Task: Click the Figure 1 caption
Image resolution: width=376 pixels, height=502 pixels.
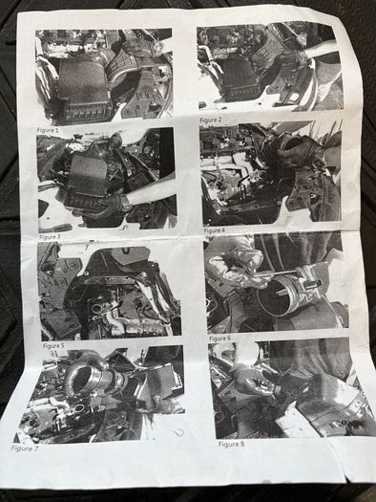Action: tap(48, 130)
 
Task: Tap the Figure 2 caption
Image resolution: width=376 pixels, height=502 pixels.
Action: tap(211, 120)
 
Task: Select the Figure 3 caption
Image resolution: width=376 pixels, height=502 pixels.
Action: tap(50, 237)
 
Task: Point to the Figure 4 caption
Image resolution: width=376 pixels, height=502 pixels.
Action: tap(215, 230)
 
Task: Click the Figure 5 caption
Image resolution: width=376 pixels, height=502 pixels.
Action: tap(53, 346)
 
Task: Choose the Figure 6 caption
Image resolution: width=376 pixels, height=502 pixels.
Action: tap(220, 338)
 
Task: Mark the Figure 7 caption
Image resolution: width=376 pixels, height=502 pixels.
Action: tap(24, 448)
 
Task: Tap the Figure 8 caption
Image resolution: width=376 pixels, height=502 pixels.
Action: tap(231, 444)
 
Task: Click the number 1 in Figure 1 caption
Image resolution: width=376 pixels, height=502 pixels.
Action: tap(57, 130)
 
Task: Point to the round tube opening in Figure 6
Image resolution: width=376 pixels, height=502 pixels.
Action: tap(276, 296)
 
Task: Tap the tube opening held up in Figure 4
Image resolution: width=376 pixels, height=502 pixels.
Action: tap(292, 142)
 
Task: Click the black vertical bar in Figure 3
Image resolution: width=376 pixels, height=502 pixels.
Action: tap(167, 153)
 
